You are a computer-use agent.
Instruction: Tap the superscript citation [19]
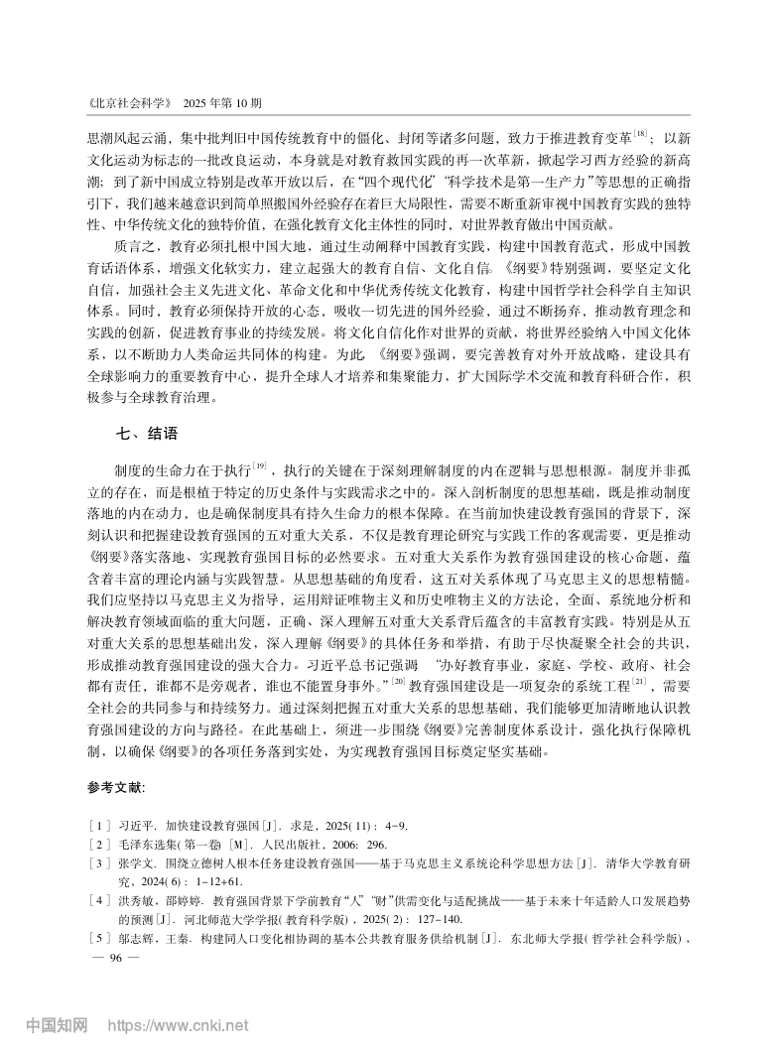tap(261, 463)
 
